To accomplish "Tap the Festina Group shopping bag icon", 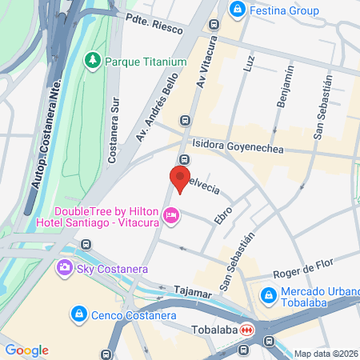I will coord(238,10).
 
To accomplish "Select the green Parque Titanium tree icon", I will coord(94,61).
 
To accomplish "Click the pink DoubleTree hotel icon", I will coord(170,214).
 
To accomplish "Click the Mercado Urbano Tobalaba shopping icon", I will coord(267,297).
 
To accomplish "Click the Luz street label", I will coord(250,60).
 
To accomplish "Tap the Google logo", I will coord(26,350).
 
